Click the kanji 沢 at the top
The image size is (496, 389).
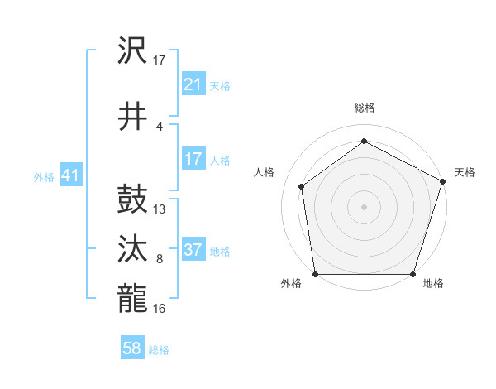tap(133, 52)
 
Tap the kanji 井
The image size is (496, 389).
tap(133, 117)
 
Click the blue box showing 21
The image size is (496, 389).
tap(193, 84)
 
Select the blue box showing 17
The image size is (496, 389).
tap(193, 159)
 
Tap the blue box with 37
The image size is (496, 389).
tap(193, 251)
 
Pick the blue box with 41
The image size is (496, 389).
tap(70, 175)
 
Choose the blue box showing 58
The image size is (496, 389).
tap(131, 349)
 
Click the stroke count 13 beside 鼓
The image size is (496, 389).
tap(160, 209)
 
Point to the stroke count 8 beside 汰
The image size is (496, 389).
tap(160, 259)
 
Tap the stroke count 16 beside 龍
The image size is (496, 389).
tap(160, 308)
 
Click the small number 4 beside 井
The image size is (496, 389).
tap(160, 126)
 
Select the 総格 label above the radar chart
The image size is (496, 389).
tap(365, 108)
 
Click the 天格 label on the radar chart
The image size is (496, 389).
tap(465, 172)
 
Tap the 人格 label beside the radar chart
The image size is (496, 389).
tap(265, 172)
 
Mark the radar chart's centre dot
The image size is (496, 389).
tap(365, 205)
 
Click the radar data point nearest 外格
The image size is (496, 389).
tap(315, 274)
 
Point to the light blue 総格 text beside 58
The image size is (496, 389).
tap(159, 350)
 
